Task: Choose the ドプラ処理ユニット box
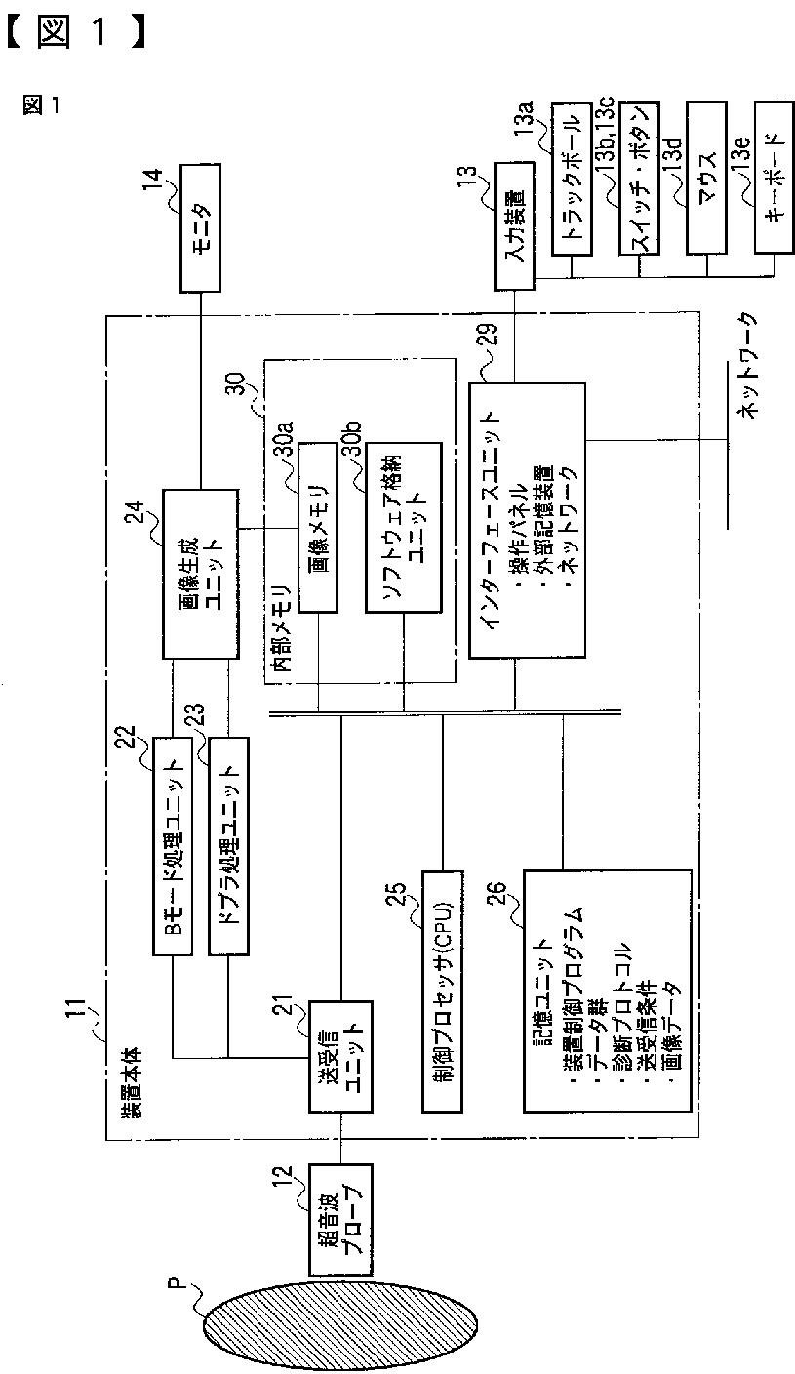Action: [x=229, y=847]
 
